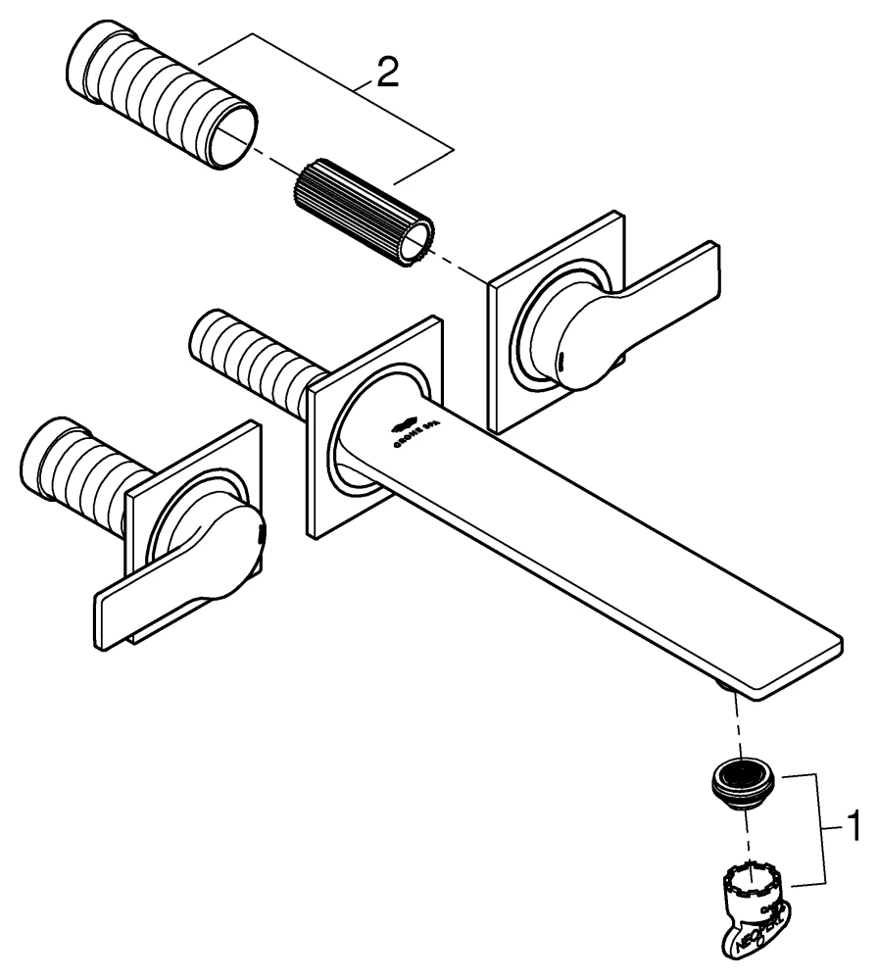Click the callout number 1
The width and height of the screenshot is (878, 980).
tap(851, 826)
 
